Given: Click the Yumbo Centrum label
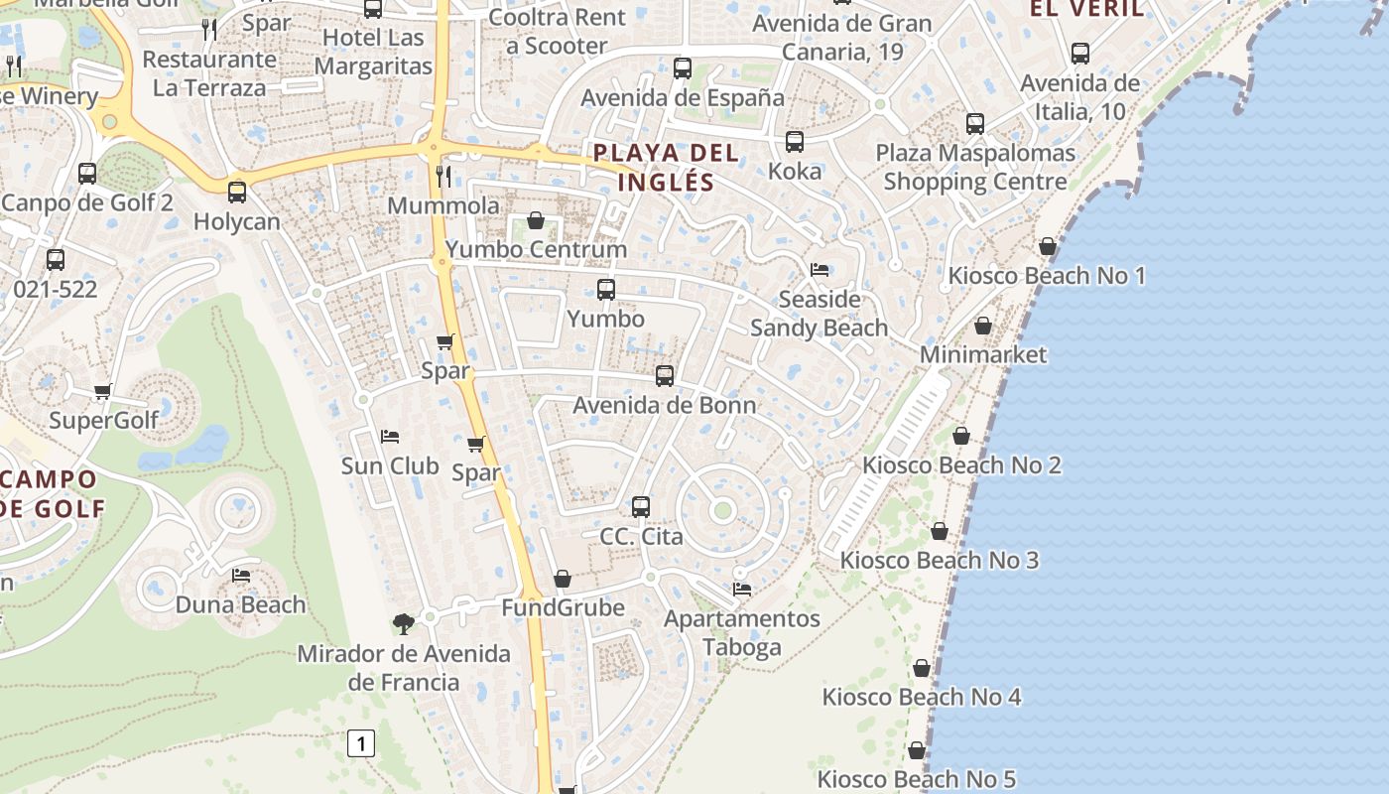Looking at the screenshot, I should (x=536, y=249).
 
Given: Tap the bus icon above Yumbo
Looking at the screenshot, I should (x=605, y=290).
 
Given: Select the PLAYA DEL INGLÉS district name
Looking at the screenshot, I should (x=666, y=168).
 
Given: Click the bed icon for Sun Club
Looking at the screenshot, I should (x=390, y=436).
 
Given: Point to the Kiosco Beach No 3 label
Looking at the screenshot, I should (x=939, y=560).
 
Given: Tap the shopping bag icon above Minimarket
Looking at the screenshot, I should (x=982, y=326).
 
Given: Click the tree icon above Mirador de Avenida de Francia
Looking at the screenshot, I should (x=403, y=624).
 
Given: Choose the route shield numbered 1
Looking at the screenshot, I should (x=362, y=742).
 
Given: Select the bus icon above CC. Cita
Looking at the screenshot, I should (x=641, y=507).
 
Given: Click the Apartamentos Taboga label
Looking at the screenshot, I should (x=742, y=633).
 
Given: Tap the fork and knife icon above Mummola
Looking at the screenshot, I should (x=443, y=177).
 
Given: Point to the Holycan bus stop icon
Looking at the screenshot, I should (x=236, y=193).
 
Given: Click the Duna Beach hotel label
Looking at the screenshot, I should (x=240, y=604).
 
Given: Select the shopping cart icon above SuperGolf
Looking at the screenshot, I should (x=103, y=391).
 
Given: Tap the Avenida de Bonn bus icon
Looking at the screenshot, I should (x=665, y=376).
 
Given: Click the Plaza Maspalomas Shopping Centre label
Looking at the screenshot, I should (x=975, y=168).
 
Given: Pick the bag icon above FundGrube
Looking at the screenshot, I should (x=563, y=579).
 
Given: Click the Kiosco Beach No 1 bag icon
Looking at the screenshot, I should (x=1048, y=246).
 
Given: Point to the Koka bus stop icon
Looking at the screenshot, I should (x=795, y=142).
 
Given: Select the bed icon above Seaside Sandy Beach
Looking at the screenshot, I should (x=820, y=270).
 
